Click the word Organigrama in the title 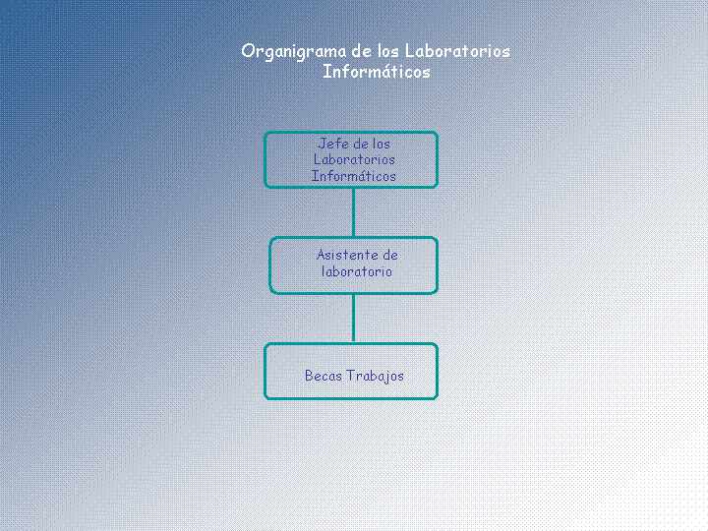[x=294, y=51]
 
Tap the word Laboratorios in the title [x=457, y=50]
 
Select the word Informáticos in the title [x=377, y=72]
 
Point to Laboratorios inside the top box [x=354, y=159]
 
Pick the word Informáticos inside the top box [x=354, y=176]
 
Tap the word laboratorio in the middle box [x=357, y=271]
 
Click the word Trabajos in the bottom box [x=376, y=376]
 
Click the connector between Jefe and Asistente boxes [x=353, y=212]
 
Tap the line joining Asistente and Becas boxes [x=353, y=319]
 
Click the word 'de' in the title [x=362, y=50]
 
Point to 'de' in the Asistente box [x=390, y=255]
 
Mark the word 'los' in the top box [x=382, y=144]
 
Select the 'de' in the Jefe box [x=361, y=144]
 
